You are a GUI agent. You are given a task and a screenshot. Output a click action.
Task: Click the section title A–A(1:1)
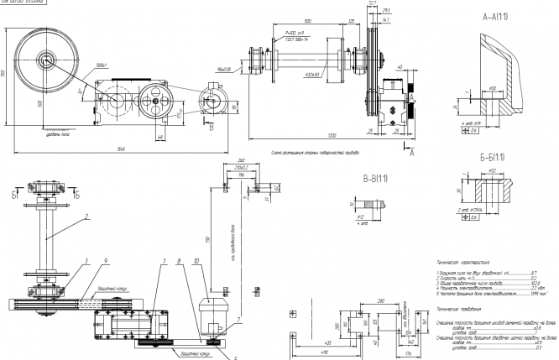[x=494, y=17]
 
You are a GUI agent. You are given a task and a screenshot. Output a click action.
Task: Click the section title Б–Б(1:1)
[x=495, y=156]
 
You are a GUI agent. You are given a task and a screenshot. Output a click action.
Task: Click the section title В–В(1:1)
[x=370, y=179]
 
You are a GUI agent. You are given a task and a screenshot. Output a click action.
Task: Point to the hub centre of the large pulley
[x=46, y=60]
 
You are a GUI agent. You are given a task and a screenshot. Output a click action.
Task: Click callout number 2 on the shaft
[x=87, y=216]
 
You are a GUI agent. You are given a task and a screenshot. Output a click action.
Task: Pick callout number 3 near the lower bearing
[x=86, y=262]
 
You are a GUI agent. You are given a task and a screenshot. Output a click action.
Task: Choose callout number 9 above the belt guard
[x=105, y=262]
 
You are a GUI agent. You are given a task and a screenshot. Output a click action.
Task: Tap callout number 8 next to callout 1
[x=178, y=262]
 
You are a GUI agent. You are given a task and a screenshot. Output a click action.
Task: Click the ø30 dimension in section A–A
[x=493, y=86]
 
